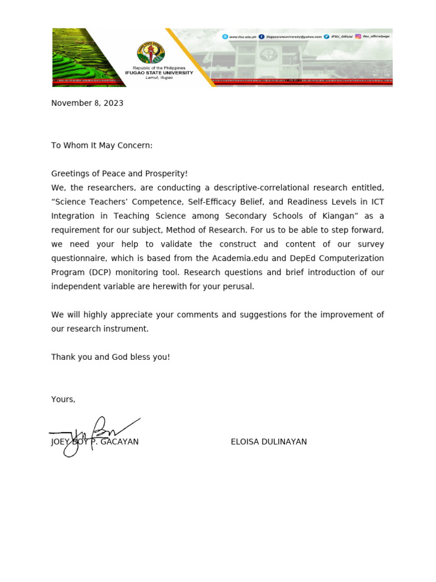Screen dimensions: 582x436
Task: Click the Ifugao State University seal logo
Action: tap(151, 54)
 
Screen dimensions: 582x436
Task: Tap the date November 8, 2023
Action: tap(87, 103)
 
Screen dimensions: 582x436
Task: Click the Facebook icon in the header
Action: tap(261, 36)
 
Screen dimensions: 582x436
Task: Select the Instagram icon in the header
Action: tap(358, 36)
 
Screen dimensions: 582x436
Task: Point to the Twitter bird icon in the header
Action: tap(326, 36)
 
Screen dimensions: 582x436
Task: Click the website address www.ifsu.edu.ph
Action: tap(241, 36)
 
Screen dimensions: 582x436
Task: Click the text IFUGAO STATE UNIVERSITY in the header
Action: tap(159, 73)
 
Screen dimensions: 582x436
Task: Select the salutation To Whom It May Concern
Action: tap(102, 145)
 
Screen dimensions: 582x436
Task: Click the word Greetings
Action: tap(70, 173)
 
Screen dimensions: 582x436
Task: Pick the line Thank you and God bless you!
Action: tap(110, 357)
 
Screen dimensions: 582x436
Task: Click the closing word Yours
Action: tap(62, 399)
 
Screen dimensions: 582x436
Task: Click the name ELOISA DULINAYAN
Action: tap(269, 442)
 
